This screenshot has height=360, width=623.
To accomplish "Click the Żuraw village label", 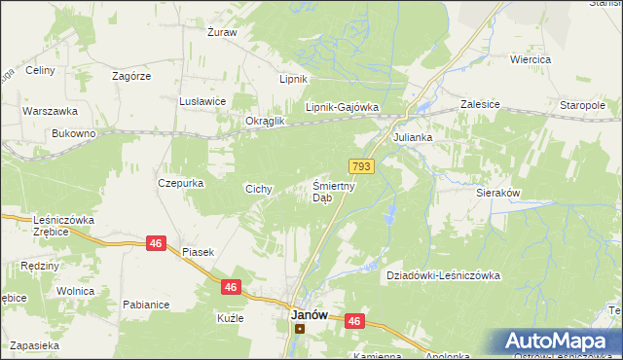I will pyautogui.click(x=222, y=32).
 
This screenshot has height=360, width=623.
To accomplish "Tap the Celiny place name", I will pyautogui.click(x=39, y=70).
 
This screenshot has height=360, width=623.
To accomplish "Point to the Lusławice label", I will pyautogui.click(x=202, y=101).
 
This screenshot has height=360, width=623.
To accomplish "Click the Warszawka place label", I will pyautogui.click(x=44, y=111).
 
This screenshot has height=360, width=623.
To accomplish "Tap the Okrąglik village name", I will pyautogui.click(x=265, y=121).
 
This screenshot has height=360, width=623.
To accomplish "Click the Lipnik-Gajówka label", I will pyautogui.click(x=342, y=108).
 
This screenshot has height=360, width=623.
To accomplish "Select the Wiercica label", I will pyautogui.click(x=531, y=59).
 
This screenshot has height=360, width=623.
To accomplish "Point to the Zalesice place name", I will pyautogui.click(x=480, y=102).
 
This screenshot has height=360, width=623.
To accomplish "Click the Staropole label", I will pyautogui.click(x=583, y=105).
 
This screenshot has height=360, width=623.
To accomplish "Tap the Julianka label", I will pyautogui.click(x=413, y=138).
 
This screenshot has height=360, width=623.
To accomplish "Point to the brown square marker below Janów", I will pyautogui.click(x=300, y=329).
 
